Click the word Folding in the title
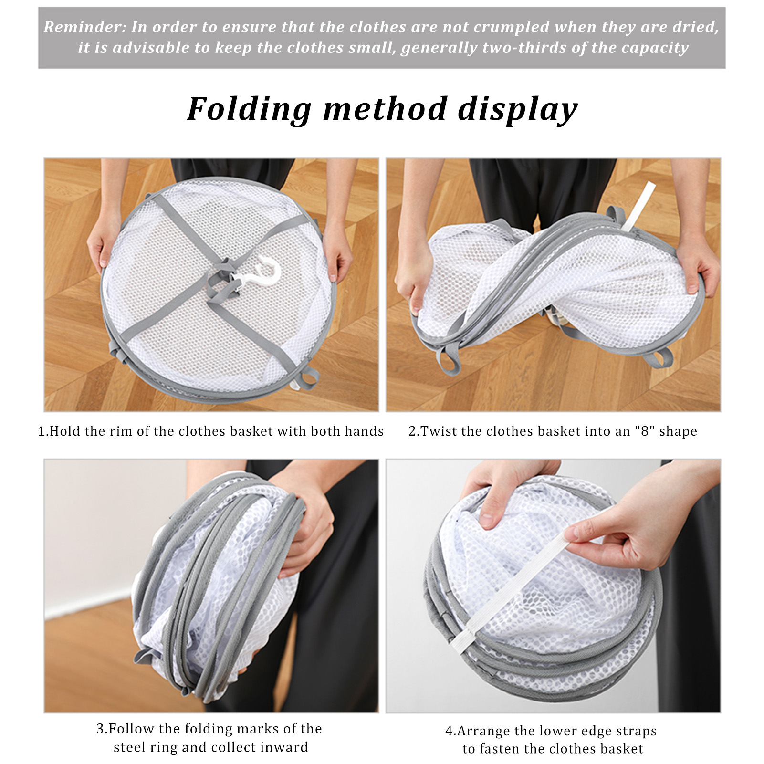coord(250,109)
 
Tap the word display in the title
coord(517,109)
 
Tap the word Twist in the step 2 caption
coord(439,431)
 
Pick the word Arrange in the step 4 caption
coord(483,731)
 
